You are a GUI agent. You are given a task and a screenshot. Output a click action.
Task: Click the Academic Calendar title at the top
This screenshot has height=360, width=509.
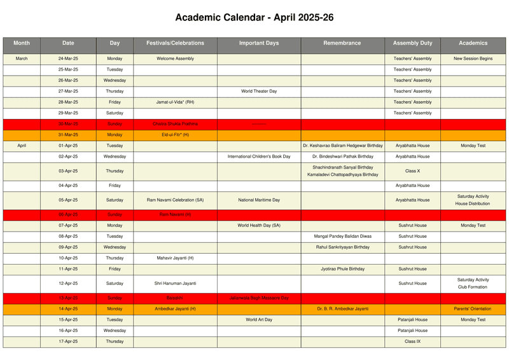(254, 18)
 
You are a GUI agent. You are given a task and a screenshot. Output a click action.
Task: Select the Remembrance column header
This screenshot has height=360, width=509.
(342, 43)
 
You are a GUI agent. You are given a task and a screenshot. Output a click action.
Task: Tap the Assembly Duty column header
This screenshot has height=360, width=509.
(412, 43)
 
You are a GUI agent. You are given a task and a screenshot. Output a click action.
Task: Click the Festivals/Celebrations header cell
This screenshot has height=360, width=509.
(175, 43)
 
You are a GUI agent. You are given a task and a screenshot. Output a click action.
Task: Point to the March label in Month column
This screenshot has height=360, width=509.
(22, 59)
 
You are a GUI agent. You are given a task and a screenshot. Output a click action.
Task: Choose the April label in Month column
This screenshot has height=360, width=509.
(22, 146)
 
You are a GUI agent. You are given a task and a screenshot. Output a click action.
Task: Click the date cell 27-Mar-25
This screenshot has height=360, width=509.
(68, 91)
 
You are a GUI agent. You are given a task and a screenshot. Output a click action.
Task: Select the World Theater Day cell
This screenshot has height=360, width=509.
(259, 91)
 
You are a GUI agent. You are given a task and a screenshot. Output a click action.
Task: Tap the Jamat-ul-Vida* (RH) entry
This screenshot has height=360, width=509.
(175, 102)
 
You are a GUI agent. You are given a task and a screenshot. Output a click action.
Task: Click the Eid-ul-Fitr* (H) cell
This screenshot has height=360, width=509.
(175, 135)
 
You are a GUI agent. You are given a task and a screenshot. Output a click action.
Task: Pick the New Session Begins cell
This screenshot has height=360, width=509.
(473, 59)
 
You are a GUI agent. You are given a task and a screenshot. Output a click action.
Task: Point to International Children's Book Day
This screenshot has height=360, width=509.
(259, 156)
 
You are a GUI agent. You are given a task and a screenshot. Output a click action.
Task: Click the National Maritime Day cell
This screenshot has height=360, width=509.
(259, 200)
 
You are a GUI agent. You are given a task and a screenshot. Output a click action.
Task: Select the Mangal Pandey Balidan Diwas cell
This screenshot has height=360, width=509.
(342, 236)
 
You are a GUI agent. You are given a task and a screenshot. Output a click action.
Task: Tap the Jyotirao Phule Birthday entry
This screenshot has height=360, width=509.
(342, 269)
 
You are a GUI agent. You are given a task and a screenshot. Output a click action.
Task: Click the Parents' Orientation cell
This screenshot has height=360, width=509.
(473, 308)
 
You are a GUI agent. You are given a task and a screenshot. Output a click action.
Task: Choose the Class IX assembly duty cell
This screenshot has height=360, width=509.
(412, 342)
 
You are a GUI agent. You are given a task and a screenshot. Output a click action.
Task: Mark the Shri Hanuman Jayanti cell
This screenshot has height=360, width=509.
(175, 284)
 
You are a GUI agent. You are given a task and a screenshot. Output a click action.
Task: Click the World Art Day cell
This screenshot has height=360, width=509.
(259, 320)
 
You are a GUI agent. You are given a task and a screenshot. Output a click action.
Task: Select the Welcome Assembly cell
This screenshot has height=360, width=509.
(175, 59)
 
